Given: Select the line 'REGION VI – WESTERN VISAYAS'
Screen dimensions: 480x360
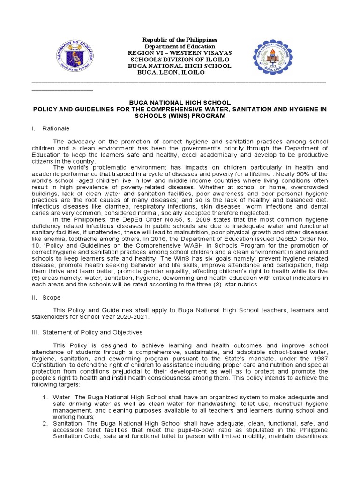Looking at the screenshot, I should [x=180, y=53].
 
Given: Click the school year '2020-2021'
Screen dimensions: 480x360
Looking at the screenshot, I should [x=133, y=317].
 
